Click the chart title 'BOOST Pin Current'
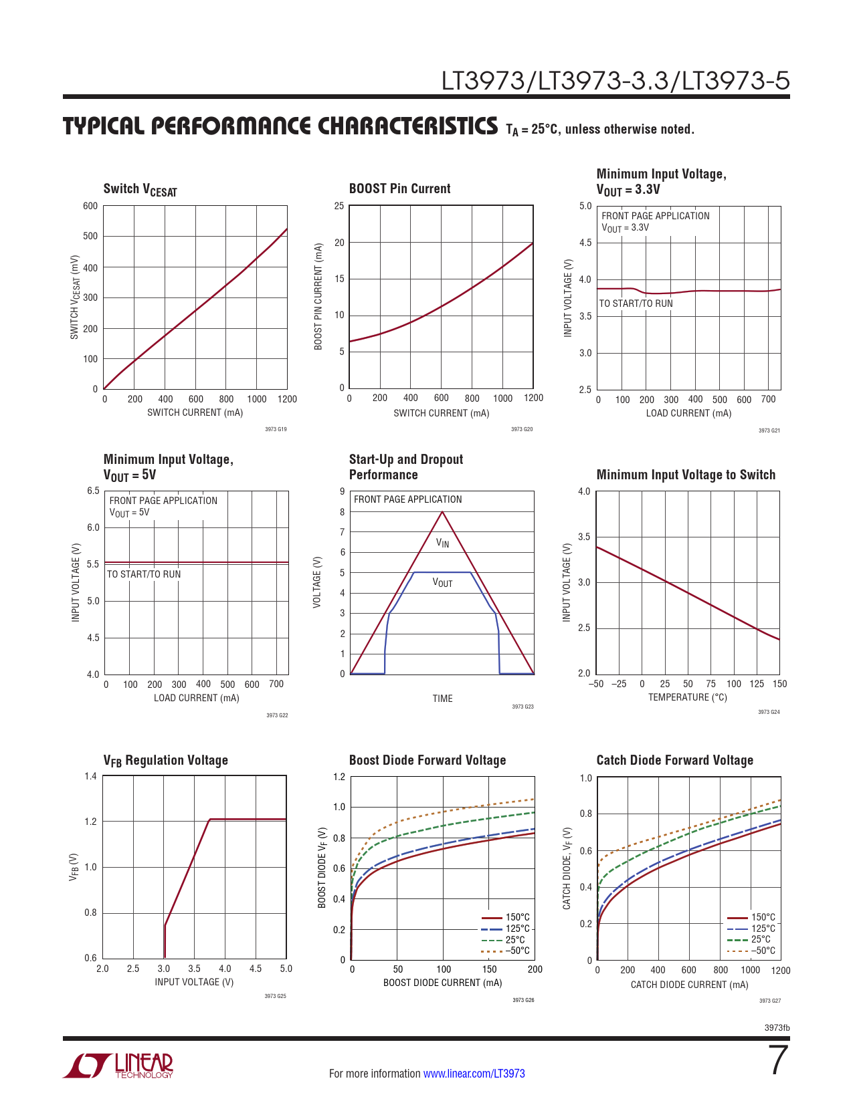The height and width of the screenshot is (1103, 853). tap(399, 189)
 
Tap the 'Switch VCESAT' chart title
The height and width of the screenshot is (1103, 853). tap(140, 190)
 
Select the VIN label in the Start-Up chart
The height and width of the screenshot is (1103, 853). tap(442, 543)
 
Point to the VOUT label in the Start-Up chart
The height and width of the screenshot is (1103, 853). tap(442, 583)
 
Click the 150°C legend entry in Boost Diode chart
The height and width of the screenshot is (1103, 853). tap(517, 917)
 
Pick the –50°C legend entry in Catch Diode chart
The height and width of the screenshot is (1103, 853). tap(763, 951)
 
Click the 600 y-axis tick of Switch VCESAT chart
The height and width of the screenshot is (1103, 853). tap(90, 206)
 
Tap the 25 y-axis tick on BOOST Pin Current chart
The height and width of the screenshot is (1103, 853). tap(339, 206)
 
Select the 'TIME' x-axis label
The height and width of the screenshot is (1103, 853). tap(442, 699)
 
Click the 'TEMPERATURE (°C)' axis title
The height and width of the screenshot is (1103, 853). tap(687, 697)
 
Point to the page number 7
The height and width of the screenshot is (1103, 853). tap(779, 1060)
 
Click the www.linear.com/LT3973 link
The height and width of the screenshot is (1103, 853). tap(474, 1074)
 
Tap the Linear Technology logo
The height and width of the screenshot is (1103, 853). tap(118, 1066)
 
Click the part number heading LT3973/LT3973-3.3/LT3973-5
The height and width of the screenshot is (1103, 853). tap(615, 81)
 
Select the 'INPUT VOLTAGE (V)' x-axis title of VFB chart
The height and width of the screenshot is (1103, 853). tap(194, 982)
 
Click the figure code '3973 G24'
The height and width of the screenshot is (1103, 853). tap(769, 712)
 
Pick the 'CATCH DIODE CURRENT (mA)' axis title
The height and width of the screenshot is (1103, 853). tap(689, 985)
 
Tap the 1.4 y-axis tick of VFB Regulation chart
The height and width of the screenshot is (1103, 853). tap(90, 776)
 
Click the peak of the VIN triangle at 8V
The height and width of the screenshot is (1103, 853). tap(442, 512)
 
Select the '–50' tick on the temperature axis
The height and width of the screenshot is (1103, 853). tap(595, 684)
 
